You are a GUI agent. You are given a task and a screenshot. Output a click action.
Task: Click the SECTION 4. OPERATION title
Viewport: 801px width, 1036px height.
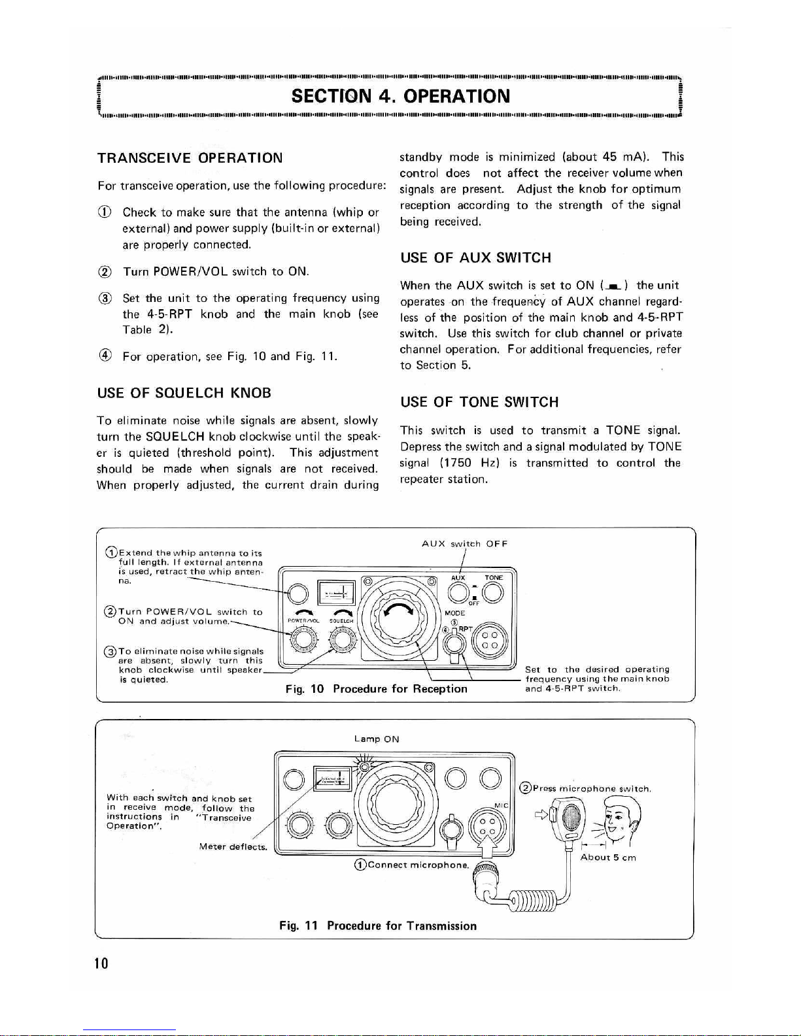click(x=400, y=96)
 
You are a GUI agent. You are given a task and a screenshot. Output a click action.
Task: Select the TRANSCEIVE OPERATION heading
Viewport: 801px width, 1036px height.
click(x=190, y=158)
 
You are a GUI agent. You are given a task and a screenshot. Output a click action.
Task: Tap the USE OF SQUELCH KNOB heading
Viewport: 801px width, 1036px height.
click(x=184, y=393)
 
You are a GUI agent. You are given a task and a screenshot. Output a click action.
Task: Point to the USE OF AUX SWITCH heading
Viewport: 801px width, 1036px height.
click(x=475, y=258)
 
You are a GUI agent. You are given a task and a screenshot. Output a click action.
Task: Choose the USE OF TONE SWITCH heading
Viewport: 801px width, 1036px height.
click(x=479, y=402)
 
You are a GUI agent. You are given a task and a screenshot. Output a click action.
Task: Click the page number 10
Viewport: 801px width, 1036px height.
click(x=101, y=963)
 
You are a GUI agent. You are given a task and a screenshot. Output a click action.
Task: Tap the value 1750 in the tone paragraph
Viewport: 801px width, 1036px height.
click(x=456, y=463)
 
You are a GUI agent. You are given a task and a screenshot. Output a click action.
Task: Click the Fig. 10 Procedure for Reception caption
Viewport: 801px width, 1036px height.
click(x=376, y=689)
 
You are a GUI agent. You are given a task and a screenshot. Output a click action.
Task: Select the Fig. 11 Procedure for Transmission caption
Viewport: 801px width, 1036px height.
click(x=377, y=926)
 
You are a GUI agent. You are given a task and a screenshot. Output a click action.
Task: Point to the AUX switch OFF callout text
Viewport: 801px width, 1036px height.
click(x=464, y=544)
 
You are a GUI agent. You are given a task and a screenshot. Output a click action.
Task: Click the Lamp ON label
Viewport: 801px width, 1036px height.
click(x=376, y=739)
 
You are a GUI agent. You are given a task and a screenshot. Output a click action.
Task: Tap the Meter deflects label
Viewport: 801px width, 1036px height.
click(x=233, y=847)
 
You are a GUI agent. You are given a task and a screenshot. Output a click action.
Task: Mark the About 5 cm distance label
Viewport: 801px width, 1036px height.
click(x=607, y=858)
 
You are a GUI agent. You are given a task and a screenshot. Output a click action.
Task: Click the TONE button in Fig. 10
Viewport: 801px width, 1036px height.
click(x=494, y=592)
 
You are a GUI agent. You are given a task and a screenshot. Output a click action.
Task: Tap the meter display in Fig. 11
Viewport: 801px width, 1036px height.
click(x=333, y=777)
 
